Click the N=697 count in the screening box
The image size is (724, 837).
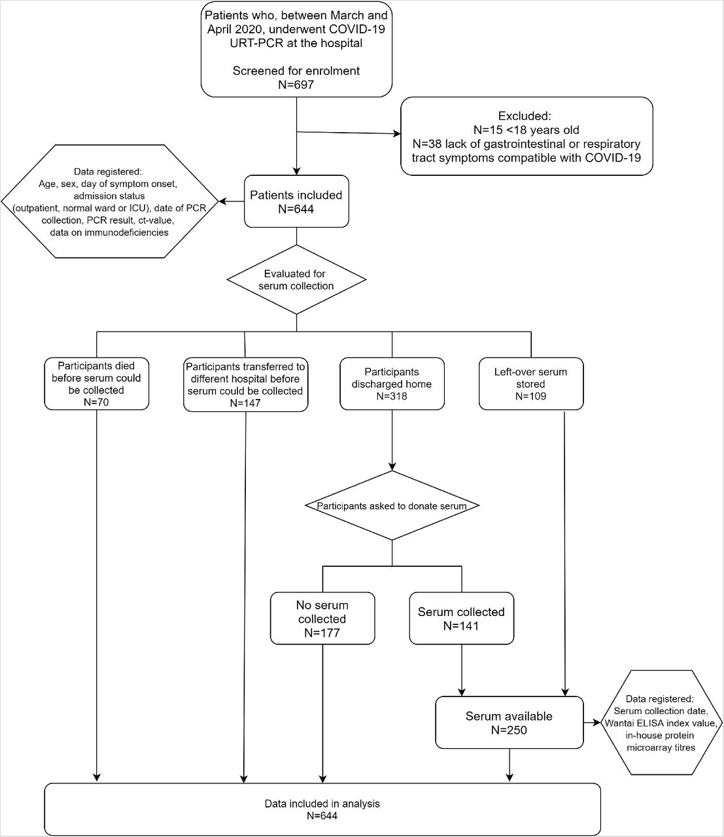click(x=296, y=84)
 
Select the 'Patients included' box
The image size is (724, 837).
click(x=296, y=201)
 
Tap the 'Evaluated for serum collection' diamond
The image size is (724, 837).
click(x=296, y=279)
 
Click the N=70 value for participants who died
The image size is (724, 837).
click(x=96, y=402)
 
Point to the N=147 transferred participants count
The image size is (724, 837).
click(x=245, y=403)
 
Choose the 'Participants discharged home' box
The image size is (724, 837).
click(x=392, y=383)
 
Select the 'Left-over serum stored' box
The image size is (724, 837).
click(x=531, y=383)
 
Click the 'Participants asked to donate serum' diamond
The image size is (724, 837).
click(x=392, y=505)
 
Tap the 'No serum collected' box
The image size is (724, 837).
click(x=322, y=619)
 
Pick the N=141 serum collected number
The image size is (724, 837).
click(x=461, y=626)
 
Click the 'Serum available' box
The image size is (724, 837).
click(x=509, y=723)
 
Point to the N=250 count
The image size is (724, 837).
click(x=509, y=730)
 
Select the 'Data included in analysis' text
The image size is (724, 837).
click(x=322, y=804)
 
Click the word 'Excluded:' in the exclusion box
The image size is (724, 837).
click(x=525, y=116)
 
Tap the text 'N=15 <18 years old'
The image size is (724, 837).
click(x=526, y=130)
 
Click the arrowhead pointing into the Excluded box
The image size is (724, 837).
click(x=397, y=133)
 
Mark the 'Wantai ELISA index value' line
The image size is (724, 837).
click(x=661, y=723)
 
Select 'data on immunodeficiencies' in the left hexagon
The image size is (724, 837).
click(x=109, y=232)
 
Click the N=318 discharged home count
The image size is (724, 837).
click(x=392, y=396)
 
